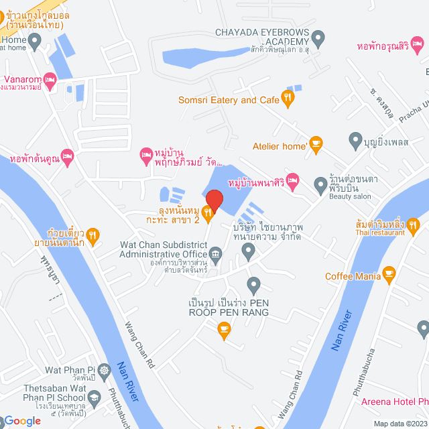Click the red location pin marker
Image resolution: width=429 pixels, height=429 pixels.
pos(213,200)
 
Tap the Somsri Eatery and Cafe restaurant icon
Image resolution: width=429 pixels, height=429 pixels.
pos(288,99)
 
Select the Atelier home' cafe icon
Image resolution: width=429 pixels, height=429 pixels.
pos(316,144)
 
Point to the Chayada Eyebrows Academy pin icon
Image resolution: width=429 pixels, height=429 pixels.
pos(319,38)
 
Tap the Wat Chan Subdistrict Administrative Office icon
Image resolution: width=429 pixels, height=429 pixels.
pos(216,253)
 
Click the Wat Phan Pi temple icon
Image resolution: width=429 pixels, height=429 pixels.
pos(104,369)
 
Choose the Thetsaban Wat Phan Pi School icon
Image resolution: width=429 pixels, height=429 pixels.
pos(95,398)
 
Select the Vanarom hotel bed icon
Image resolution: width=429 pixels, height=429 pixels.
pos(49,78)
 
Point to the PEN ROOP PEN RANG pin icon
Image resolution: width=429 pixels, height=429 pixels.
pos(253,286)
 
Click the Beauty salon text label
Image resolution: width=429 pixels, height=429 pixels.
pos(349,196)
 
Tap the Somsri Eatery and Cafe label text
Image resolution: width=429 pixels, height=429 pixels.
pos(228,100)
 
